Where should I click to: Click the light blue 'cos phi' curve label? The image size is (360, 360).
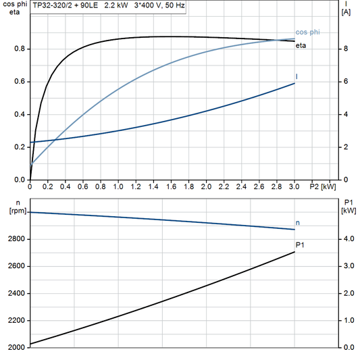click(x=307, y=32)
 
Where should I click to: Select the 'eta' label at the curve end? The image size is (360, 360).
click(x=301, y=45)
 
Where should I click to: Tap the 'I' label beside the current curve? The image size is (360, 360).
click(x=297, y=77)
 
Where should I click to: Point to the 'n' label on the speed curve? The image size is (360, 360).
click(x=297, y=222)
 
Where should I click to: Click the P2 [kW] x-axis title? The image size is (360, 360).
click(x=322, y=186)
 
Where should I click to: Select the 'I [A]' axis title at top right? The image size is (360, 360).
click(x=346, y=8)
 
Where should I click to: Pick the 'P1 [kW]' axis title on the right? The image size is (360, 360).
click(x=348, y=207)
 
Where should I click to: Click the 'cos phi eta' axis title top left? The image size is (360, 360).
click(x=12, y=8)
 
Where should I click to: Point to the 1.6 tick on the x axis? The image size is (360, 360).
click(x=171, y=186)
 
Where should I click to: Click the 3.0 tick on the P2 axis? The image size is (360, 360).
click(x=294, y=186)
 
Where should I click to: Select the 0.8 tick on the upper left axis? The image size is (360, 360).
click(x=19, y=49)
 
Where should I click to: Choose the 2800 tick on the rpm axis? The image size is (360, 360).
click(x=16, y=239)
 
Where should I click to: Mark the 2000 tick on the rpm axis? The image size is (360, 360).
click(x=16, y=347)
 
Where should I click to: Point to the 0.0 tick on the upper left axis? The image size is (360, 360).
click(x=19, y=180)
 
